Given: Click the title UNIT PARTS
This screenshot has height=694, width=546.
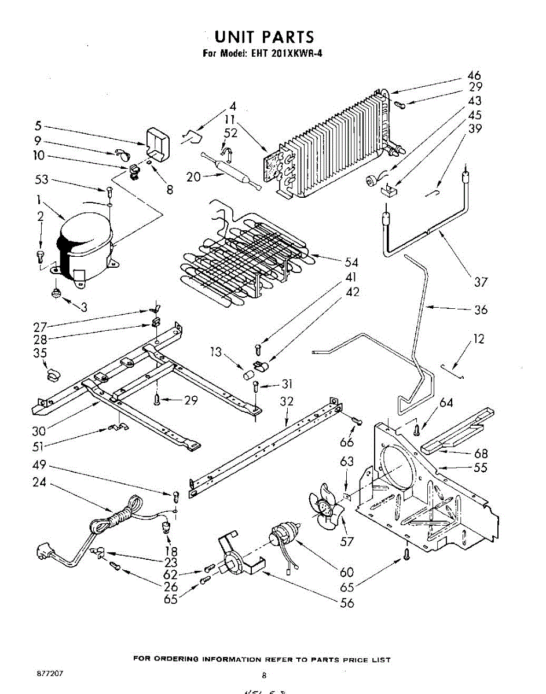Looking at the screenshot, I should click(264, 38).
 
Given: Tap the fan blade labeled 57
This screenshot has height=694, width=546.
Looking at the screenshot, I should click(324, 509).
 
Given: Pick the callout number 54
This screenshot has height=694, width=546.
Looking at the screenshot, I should click(351, 263).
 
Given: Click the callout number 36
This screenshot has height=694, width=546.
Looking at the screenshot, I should click(481, 309).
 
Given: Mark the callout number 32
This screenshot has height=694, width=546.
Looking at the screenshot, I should click(287, 401).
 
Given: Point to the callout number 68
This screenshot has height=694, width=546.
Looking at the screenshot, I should click(481, 454).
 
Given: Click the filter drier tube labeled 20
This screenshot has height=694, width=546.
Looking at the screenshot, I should click(232, 173).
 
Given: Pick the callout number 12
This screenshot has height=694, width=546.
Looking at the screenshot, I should click(478, 339).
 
